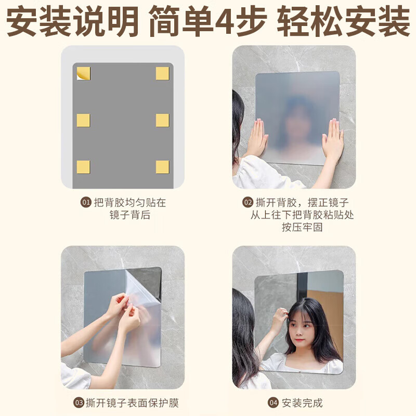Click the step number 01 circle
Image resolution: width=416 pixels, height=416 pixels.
click(x=86, y=203)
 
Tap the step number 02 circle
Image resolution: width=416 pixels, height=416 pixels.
click(x=248, y=203)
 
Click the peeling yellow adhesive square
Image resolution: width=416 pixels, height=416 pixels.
click(x=83, y=74)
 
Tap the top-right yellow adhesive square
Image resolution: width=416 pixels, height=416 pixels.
click(x=163, y=73)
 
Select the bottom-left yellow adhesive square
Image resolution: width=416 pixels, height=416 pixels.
click(x=83, y=167)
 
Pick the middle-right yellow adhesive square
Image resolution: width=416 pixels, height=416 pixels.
click(x=163, y=120)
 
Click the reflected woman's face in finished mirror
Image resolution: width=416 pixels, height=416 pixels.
click(x=303, y=328)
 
